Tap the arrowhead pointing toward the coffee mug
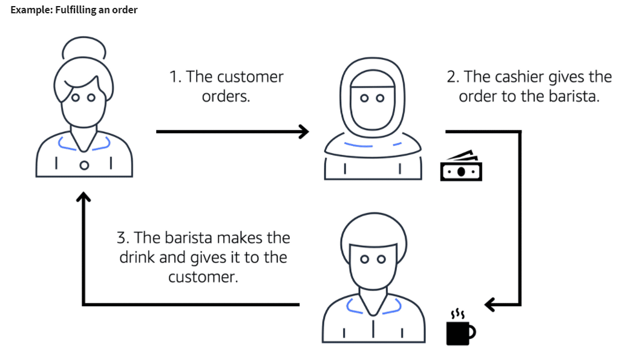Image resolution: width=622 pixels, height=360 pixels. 491,304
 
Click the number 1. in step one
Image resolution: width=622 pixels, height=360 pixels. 175,77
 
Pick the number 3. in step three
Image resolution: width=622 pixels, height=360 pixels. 123,237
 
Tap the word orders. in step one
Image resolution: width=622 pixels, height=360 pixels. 226,96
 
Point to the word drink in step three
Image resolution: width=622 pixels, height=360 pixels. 137,257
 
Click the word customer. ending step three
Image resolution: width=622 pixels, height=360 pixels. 203,277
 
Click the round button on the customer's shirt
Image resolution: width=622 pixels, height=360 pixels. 85,164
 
